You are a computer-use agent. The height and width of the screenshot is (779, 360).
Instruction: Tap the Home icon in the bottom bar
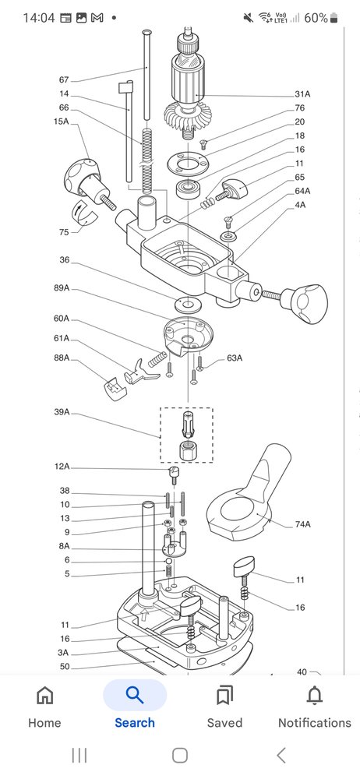tap(44, 696)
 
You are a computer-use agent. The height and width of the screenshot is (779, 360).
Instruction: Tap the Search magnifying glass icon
tap(135, 695)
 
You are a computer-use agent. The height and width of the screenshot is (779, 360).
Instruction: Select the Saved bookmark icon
tap(224, 696)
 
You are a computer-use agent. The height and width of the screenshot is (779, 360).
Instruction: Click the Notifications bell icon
tap(314, 696)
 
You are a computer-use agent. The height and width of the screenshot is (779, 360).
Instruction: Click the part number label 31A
tap(302, 94)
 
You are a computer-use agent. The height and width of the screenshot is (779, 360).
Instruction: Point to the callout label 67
tap(64, 80)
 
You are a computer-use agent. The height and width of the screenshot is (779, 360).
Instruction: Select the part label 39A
tap(62, 412)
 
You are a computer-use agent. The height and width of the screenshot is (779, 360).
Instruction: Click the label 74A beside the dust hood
tap(302, 524)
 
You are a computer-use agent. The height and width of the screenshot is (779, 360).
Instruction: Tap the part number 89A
tap(62, 288)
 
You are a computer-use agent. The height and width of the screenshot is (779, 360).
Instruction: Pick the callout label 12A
tap(62, 467)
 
